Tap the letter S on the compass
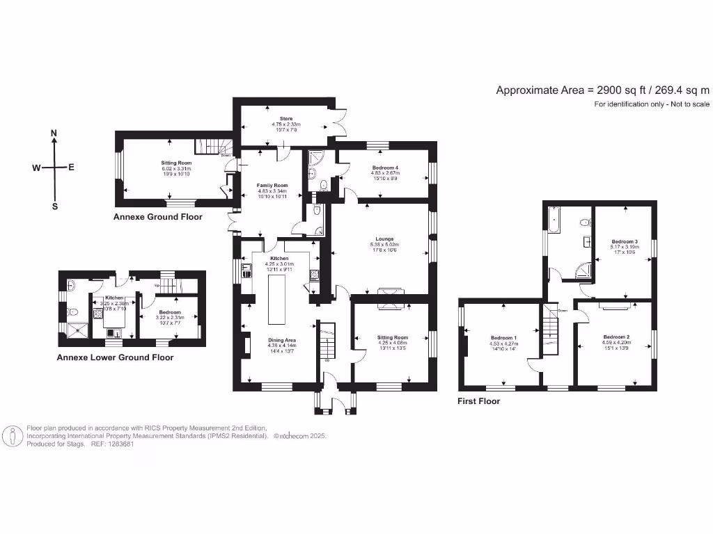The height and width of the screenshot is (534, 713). tap(55, 207)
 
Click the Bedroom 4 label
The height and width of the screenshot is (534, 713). tap(385, 168)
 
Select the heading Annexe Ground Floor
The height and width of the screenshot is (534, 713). tap(158, 217)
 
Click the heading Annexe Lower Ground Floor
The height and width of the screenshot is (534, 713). tap(115, 357)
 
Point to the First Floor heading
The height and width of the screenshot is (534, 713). tap(478, 401)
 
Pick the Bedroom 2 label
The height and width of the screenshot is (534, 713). tap(616, 337)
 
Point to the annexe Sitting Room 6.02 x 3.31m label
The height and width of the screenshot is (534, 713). tap(176, 163)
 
